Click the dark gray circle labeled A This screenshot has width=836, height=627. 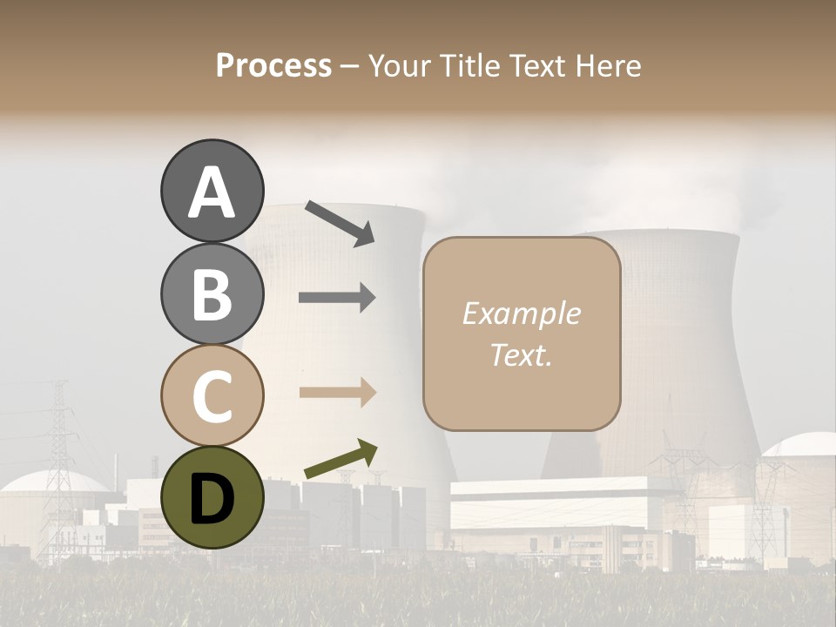coord(212,192)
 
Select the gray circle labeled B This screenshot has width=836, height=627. coord(212,293)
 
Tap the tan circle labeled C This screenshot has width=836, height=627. coord(212,395)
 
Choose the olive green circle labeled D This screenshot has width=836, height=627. coord(212,497)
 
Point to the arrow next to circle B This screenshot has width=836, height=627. coord(337,298)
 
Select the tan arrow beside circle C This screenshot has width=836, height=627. coord(337,393)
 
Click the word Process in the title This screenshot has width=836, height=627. coord(273,66)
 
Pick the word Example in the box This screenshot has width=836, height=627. coord(521,314)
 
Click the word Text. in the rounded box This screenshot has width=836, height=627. coord(521,354)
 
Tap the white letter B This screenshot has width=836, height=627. coord(212,293)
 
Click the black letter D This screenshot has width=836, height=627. coord(212,497)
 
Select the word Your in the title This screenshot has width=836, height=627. coord(398,66)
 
